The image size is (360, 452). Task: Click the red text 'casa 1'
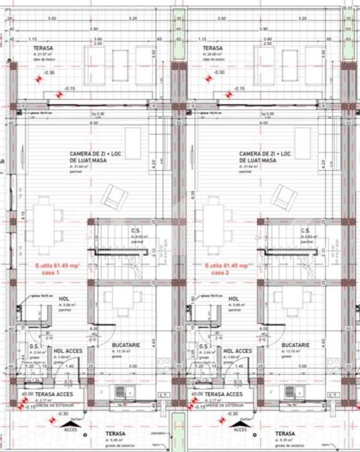pos(49,273)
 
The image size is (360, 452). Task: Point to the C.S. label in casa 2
pos(305,231)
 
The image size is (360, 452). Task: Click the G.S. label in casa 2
pos(204,346)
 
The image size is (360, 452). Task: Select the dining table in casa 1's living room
pos(43,222)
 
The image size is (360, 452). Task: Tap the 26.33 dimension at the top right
pos(347,8)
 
